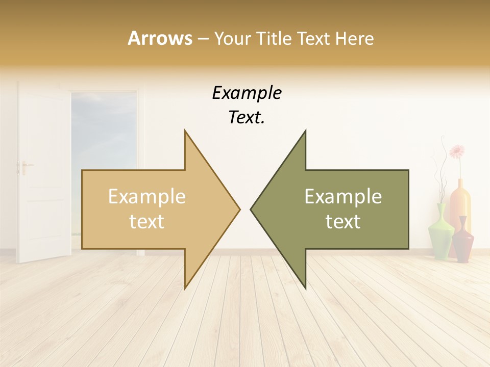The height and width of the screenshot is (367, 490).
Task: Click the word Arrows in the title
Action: [x=160, y=38]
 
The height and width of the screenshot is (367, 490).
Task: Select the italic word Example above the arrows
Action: [x=247, y=94]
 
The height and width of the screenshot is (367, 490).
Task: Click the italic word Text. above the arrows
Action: [x=247, y=118]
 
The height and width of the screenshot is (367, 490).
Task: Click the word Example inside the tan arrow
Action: [x=146, y=197]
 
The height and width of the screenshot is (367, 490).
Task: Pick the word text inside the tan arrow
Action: [x=146, y=222]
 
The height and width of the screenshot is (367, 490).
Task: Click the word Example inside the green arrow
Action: [x=343, y=197]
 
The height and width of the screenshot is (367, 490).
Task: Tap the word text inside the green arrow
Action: [x=343, y=222]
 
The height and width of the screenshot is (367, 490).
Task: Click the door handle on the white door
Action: [x=23, y=166]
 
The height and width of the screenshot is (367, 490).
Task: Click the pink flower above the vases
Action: [x=457, y=151]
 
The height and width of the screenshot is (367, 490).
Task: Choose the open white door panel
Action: [x=43, y=173]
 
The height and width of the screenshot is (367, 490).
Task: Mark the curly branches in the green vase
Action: [x=438, y=173]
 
